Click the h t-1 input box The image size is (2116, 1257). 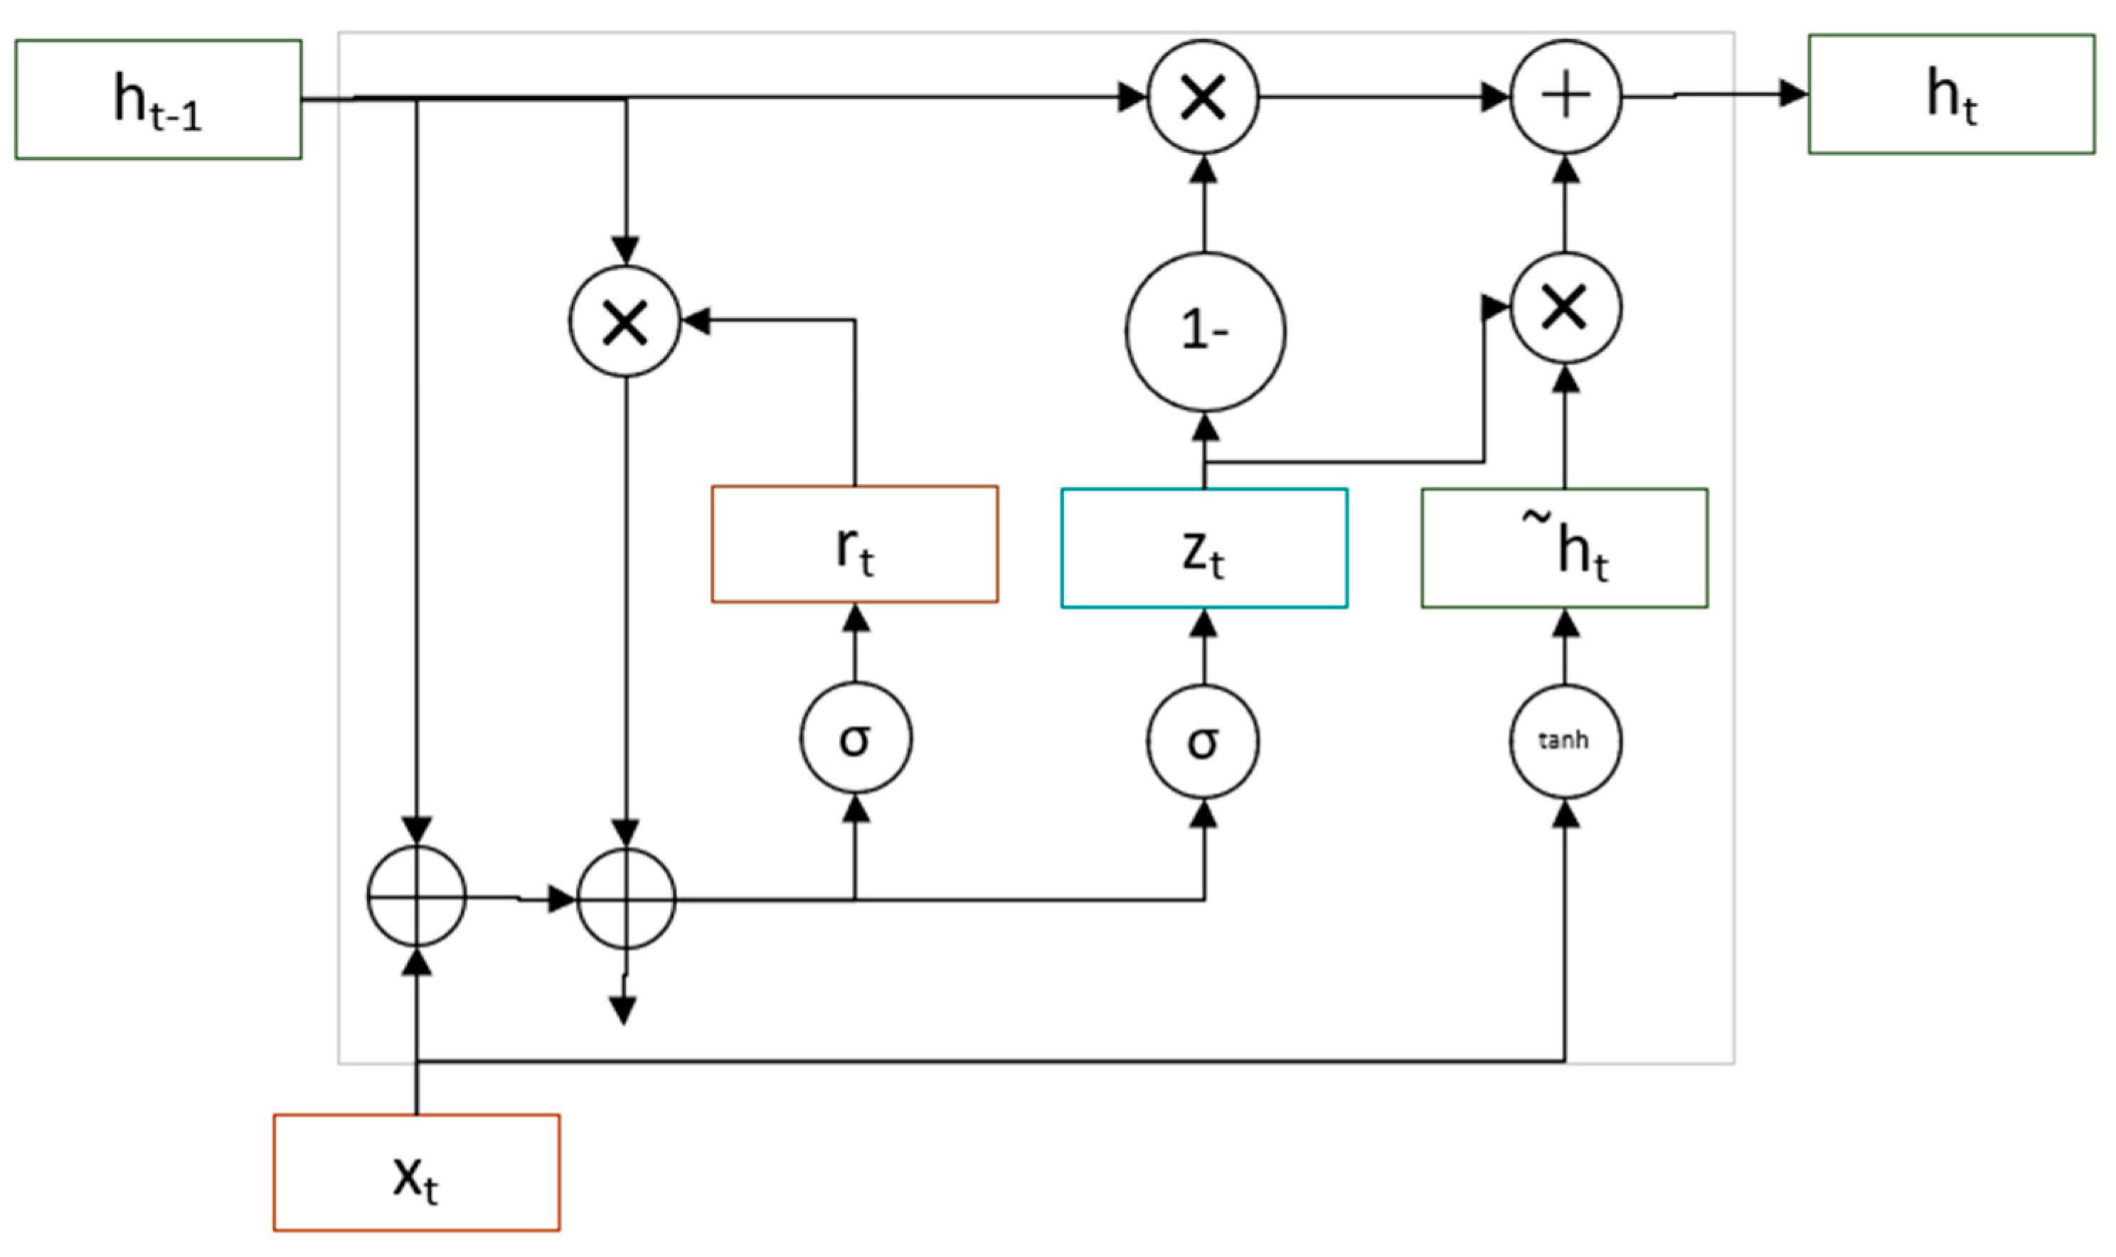point(159,99)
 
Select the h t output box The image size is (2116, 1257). point(1951,94)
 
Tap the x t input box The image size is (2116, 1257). point(416,1172)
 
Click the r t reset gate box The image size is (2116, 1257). point(854,544)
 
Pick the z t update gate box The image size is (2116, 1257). point(1203,548)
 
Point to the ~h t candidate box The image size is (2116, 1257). point(1563,548)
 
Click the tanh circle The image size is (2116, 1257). point(1564,741)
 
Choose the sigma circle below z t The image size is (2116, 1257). point(1203,741)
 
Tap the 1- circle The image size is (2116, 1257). point(1204,331)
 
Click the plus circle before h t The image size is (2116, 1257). point(1565,97)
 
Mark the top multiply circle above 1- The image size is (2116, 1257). point(1203,97)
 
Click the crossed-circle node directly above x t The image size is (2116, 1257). point(416,896)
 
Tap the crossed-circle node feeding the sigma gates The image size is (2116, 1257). point(625,899)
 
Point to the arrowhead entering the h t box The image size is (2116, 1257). point(1793,93)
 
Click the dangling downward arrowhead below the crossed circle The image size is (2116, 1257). point(623,1010)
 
